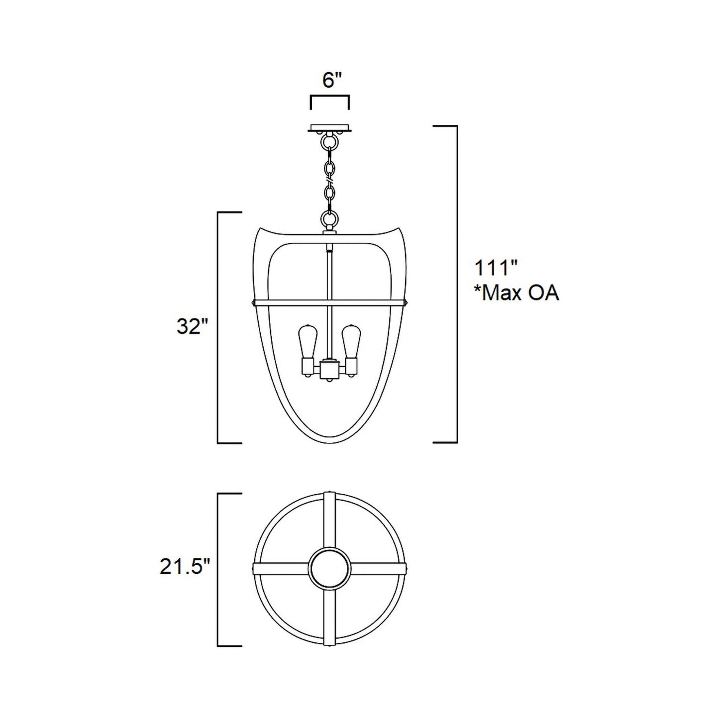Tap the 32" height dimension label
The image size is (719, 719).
click(x=192, y=326)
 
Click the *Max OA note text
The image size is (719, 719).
click(x=516, y=293)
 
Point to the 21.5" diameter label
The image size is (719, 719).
click(x=182, y=567)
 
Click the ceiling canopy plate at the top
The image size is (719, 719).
click(x=329, y=128)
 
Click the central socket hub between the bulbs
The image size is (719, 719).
click(x=329, y=369)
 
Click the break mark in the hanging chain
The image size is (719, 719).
click(x=329, y=174)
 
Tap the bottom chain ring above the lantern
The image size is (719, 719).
click(x=329, y=217)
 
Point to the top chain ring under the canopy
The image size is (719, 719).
click(x=329, y=142)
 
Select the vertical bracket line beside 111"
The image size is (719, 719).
click(x=456, y=284)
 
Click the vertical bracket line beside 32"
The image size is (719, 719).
click(x=218, y=327)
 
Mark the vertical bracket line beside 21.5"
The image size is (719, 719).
click(x=218, y=569)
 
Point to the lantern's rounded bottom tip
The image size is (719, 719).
click(x=329, y=442)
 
